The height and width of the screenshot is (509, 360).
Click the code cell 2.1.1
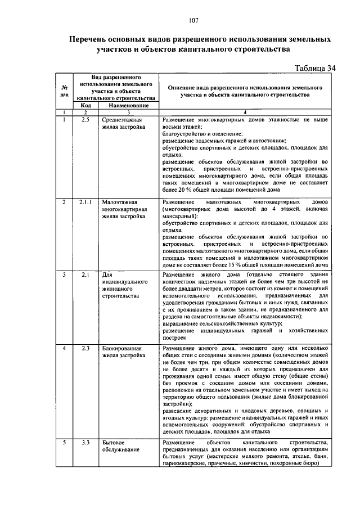pos(85,201)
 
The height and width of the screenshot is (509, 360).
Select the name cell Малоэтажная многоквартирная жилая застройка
pos(125,209)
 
